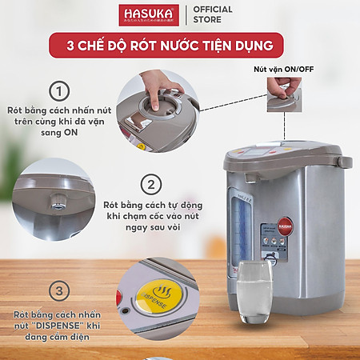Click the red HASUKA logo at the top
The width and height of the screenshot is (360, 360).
click(x=149, y=15)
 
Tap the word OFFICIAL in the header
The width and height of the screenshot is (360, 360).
click(x=213, y=10)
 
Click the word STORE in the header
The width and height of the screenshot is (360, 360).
click(x=207, y=21)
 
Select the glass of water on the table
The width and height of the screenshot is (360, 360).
click(x=255, y=291)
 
